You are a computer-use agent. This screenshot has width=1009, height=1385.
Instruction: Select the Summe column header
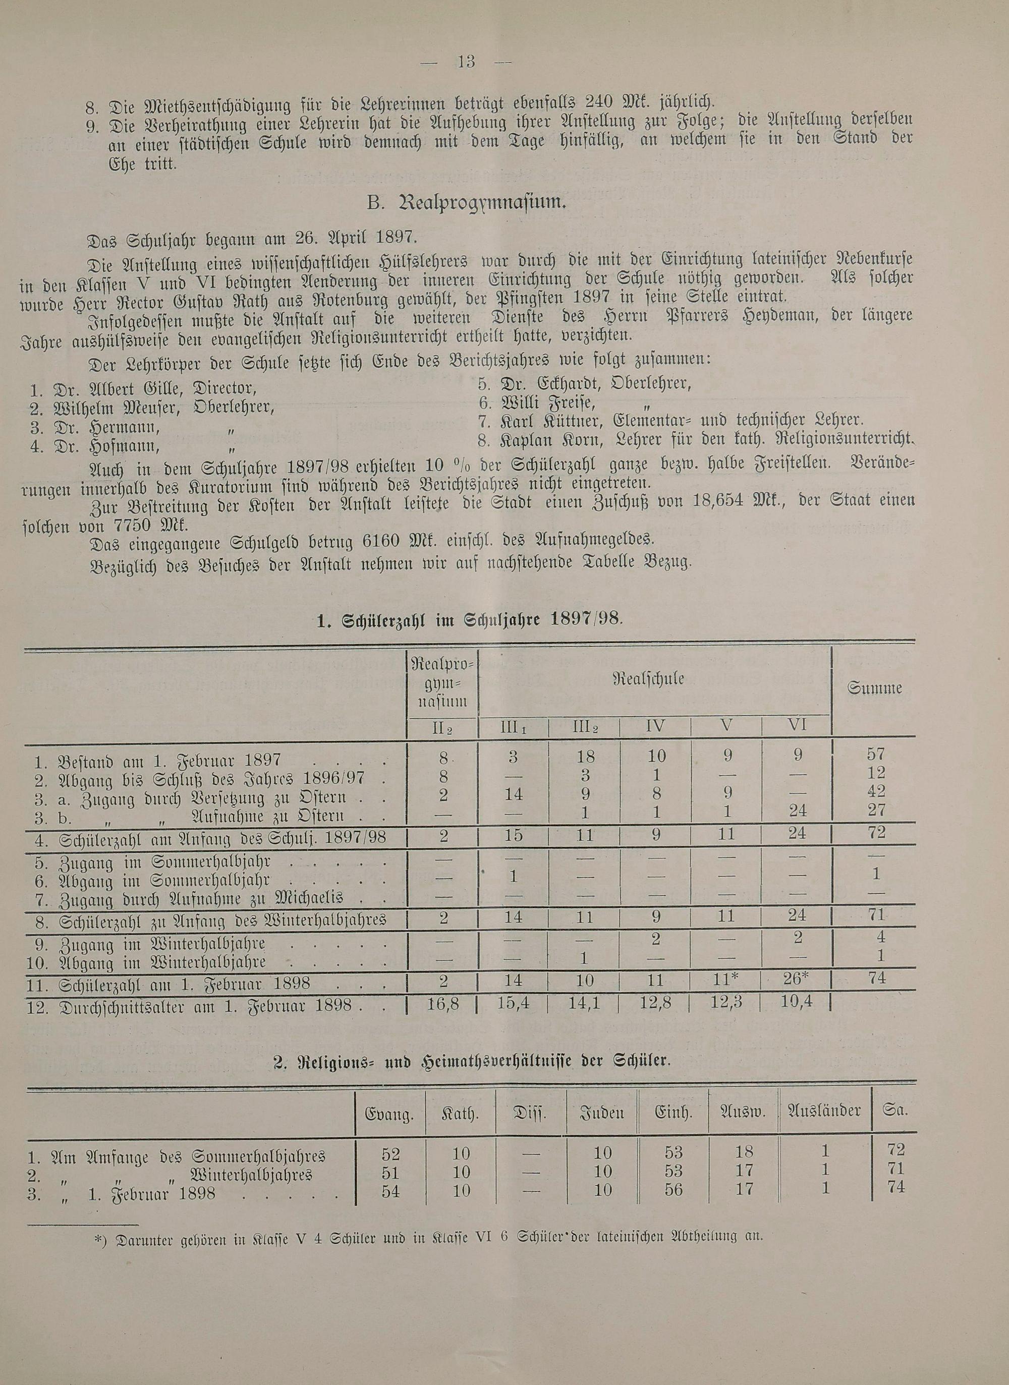[x=875, y=688]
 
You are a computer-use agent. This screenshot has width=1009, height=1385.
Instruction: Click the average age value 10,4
[x=797, y=1001]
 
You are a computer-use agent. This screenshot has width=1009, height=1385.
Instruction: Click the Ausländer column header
[x=824, y=1110]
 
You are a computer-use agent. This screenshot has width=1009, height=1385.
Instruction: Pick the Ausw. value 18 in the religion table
[x=745, y=1151]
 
